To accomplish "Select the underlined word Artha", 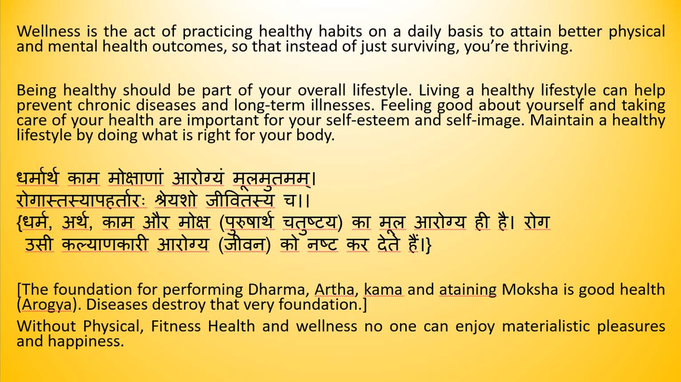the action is [334, 289].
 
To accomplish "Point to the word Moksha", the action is [530, 289].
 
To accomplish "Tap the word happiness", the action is [86, 341].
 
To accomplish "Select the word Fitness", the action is [176, 326].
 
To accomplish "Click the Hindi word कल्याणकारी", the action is [105, 244].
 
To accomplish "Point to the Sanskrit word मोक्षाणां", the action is [136, 178].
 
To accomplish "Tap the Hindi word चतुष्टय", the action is [310, 223].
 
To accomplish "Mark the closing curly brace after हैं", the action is [428, 245].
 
